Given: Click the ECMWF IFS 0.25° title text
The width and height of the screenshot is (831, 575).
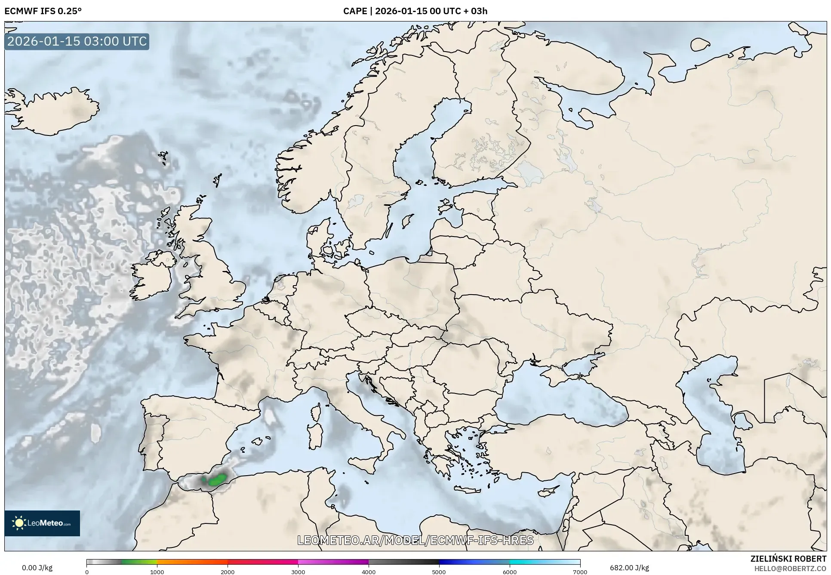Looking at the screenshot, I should [x=43, y=11].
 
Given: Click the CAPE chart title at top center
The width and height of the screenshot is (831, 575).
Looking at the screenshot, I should [x=415, y=11].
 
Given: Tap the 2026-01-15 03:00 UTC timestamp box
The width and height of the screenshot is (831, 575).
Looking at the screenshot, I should [x=77, y=41].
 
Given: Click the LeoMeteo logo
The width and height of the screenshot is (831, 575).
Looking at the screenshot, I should [x=42, y=523].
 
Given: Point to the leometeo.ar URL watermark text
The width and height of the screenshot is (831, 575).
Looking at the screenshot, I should [x=415, y=540].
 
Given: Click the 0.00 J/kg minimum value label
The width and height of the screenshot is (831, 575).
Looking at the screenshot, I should [x=37, y=568].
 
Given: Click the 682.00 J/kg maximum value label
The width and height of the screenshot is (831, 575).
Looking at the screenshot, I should [x=629, y=568].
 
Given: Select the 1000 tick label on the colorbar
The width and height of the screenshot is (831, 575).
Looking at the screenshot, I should [x=157, y=572].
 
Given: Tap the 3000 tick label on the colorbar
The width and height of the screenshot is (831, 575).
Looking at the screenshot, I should [x=298, y=572].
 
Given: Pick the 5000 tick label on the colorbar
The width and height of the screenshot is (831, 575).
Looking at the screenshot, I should [x=439, y=572].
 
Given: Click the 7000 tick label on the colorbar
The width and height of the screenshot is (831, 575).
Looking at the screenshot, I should [x=580, y=572].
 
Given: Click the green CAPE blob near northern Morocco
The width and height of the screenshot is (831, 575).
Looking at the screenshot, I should [x=217, y=480].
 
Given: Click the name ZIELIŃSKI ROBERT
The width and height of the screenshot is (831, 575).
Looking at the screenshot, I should [x=788, y=559].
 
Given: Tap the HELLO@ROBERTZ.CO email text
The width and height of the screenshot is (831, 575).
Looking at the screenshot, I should [x=790, y=569].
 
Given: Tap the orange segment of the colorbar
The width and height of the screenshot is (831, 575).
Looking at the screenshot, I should [x=191, y=562].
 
